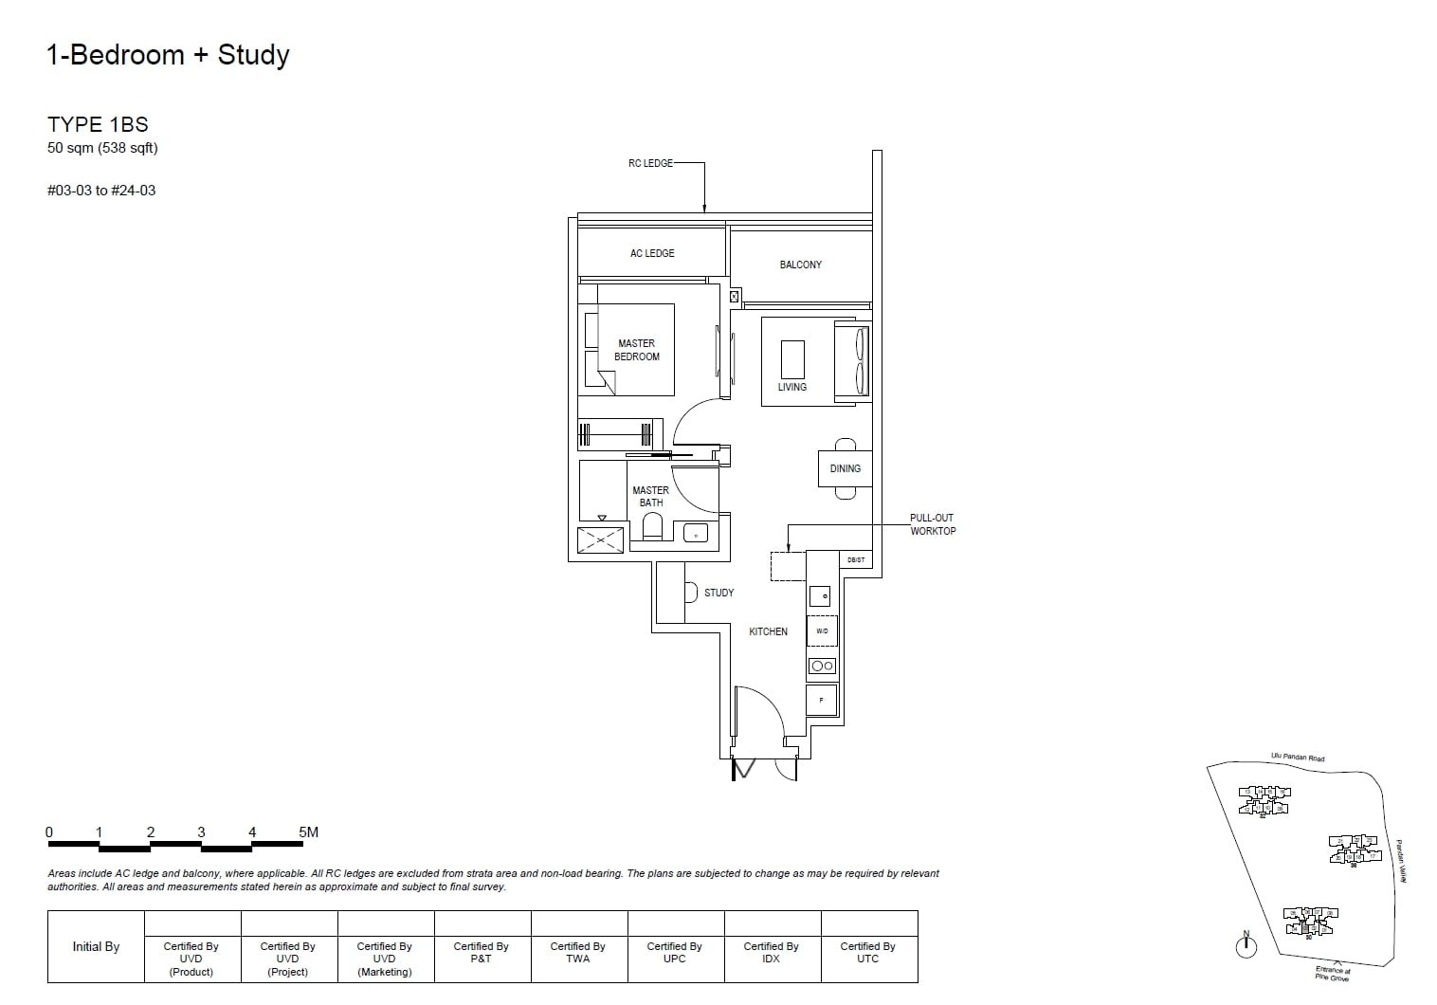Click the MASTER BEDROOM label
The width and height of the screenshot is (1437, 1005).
coord(636,350)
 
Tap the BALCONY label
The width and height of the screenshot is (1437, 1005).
coord(800,265)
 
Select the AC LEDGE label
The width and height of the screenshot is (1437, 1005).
coord(652,253)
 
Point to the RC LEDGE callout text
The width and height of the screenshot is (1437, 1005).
coord(650,163)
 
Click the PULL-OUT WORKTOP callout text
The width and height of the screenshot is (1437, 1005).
coord(933,524)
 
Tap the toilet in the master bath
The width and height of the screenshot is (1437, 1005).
coord(652,525)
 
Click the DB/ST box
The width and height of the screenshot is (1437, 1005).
coord(855,560)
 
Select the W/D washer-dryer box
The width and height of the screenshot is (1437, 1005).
coord(822,630)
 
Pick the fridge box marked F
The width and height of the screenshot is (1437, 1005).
coord(822,701)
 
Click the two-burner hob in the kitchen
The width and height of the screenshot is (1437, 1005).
coord(822,666)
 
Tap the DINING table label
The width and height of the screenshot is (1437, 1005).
coord(845,468)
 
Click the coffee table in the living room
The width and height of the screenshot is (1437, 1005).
coord(792,359)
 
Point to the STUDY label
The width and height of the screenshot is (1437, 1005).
coord(718,593)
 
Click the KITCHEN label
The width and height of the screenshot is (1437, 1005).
coord(768,631)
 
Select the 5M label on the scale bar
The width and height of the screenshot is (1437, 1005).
coord(308,832)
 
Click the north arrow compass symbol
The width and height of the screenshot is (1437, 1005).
coord(1246,945)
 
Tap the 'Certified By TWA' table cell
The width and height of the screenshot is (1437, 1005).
coord(577,953)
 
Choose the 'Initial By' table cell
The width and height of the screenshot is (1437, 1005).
coord(96,946)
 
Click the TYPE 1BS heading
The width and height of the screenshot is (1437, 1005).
coord(98,124)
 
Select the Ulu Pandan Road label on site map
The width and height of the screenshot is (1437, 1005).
coord(1298,758)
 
